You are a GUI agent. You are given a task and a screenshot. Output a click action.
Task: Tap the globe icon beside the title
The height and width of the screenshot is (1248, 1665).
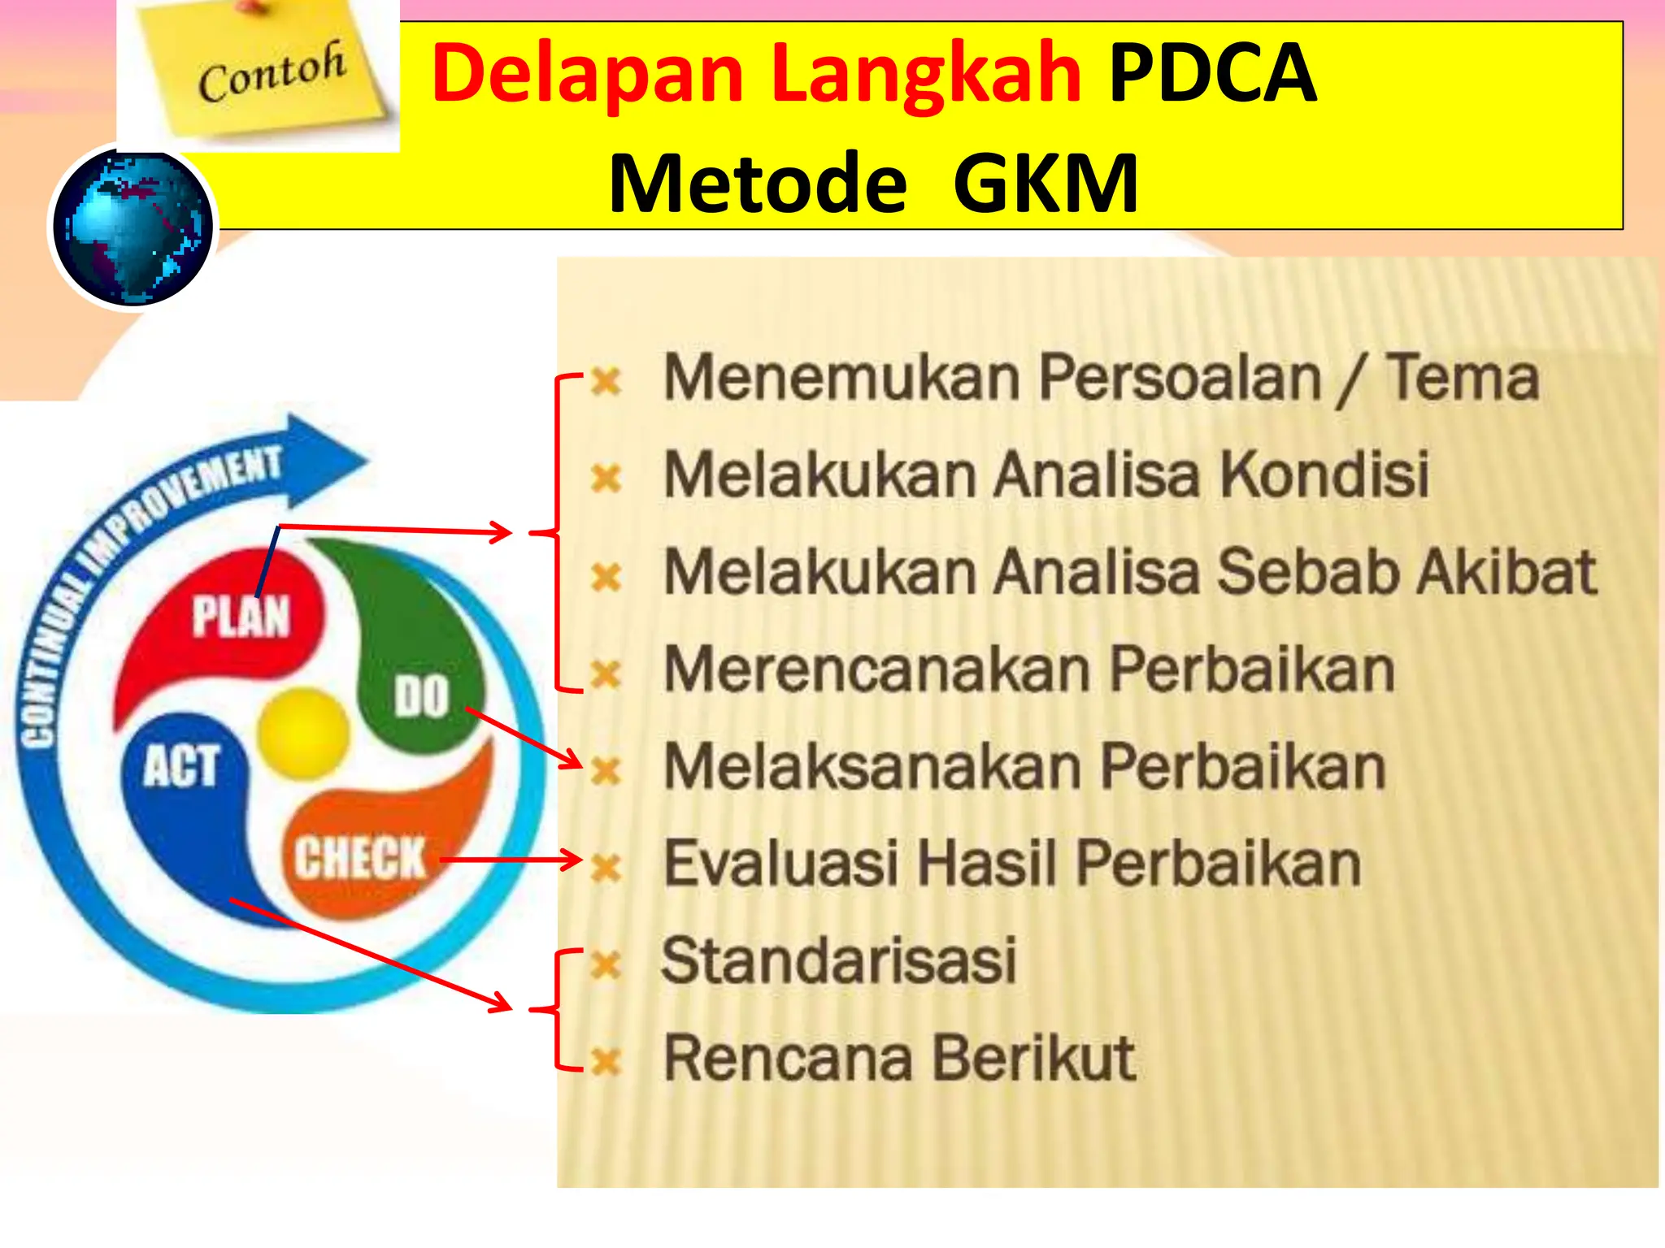coord(133,227)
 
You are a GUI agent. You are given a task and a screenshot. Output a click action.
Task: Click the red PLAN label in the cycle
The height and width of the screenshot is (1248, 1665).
coord(241,615)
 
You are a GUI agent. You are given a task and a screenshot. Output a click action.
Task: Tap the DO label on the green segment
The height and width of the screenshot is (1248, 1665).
coord(421,696)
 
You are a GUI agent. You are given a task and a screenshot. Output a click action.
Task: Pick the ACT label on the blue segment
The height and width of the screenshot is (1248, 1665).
coord(180,765)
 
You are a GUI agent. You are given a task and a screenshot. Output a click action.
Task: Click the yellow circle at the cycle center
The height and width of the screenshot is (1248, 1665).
coord(302,731)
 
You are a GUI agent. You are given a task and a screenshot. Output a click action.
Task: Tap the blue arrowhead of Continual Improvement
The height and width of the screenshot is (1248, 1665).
coord(325,460)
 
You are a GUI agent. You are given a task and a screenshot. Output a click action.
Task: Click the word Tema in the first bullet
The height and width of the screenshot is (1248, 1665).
coord(1462,378)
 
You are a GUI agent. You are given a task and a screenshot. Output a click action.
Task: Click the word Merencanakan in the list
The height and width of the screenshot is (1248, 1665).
coord(876,669)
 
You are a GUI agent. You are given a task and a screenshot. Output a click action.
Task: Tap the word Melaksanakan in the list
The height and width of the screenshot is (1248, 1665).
coord(872,767)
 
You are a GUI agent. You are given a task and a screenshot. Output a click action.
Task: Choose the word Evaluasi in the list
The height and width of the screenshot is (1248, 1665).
coord(780,863)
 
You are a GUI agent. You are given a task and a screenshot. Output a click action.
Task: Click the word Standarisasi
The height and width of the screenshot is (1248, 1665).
coord(839,960)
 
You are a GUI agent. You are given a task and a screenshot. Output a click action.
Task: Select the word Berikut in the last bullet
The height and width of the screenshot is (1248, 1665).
coord(1033,1058)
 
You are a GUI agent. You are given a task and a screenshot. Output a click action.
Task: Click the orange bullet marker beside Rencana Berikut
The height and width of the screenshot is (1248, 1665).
coord(606,1060)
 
